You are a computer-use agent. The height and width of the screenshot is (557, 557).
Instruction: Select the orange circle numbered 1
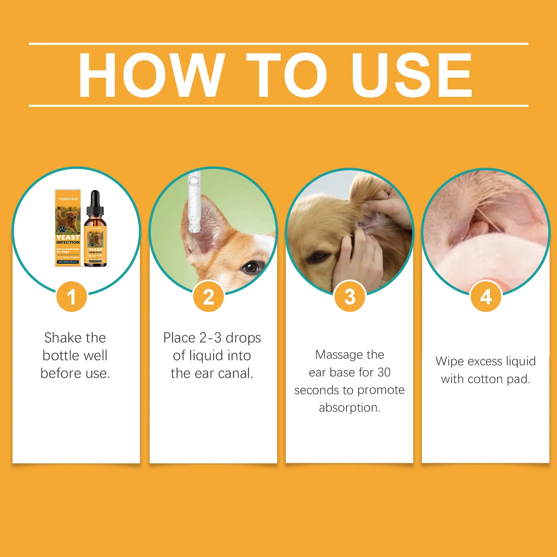pos(71,297)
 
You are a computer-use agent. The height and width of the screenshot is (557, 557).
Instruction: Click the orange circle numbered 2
pos(208,297)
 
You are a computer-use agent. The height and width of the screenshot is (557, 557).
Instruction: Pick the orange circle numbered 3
pos(350,297)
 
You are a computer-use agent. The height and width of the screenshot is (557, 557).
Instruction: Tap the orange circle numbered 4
pos(486,297)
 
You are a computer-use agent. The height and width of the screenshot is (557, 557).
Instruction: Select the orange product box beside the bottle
pos(68,228)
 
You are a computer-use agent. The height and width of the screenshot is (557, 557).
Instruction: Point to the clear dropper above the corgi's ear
pos(194,202)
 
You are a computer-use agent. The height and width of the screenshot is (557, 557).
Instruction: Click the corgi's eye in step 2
pos(250,267)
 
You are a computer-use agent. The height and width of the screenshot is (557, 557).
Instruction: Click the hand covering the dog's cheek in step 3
pos(359,258)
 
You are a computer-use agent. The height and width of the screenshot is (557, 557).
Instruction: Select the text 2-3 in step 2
pos(210,338)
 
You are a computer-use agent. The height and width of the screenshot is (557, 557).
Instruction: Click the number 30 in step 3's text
pos(384,372)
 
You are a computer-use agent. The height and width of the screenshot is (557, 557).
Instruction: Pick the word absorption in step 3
pos(350,407)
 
